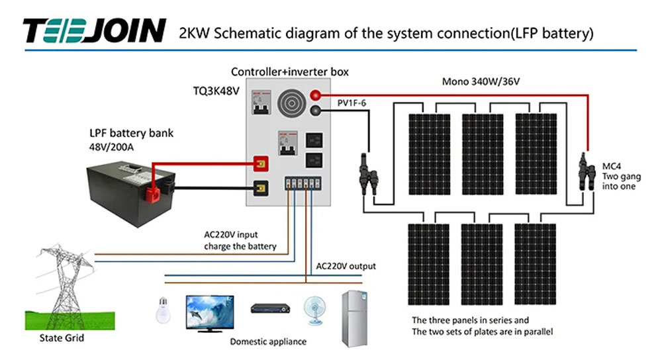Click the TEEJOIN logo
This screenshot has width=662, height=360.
(94, 30)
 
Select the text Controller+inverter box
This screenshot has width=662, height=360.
(289, 71)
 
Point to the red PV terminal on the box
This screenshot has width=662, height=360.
(316, 96)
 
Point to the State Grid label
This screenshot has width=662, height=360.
(62, 339)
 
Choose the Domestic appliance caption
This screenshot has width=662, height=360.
(268, 341)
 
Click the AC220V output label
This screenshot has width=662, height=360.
(346, 266)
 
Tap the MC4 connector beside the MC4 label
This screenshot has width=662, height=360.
(584, 172)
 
